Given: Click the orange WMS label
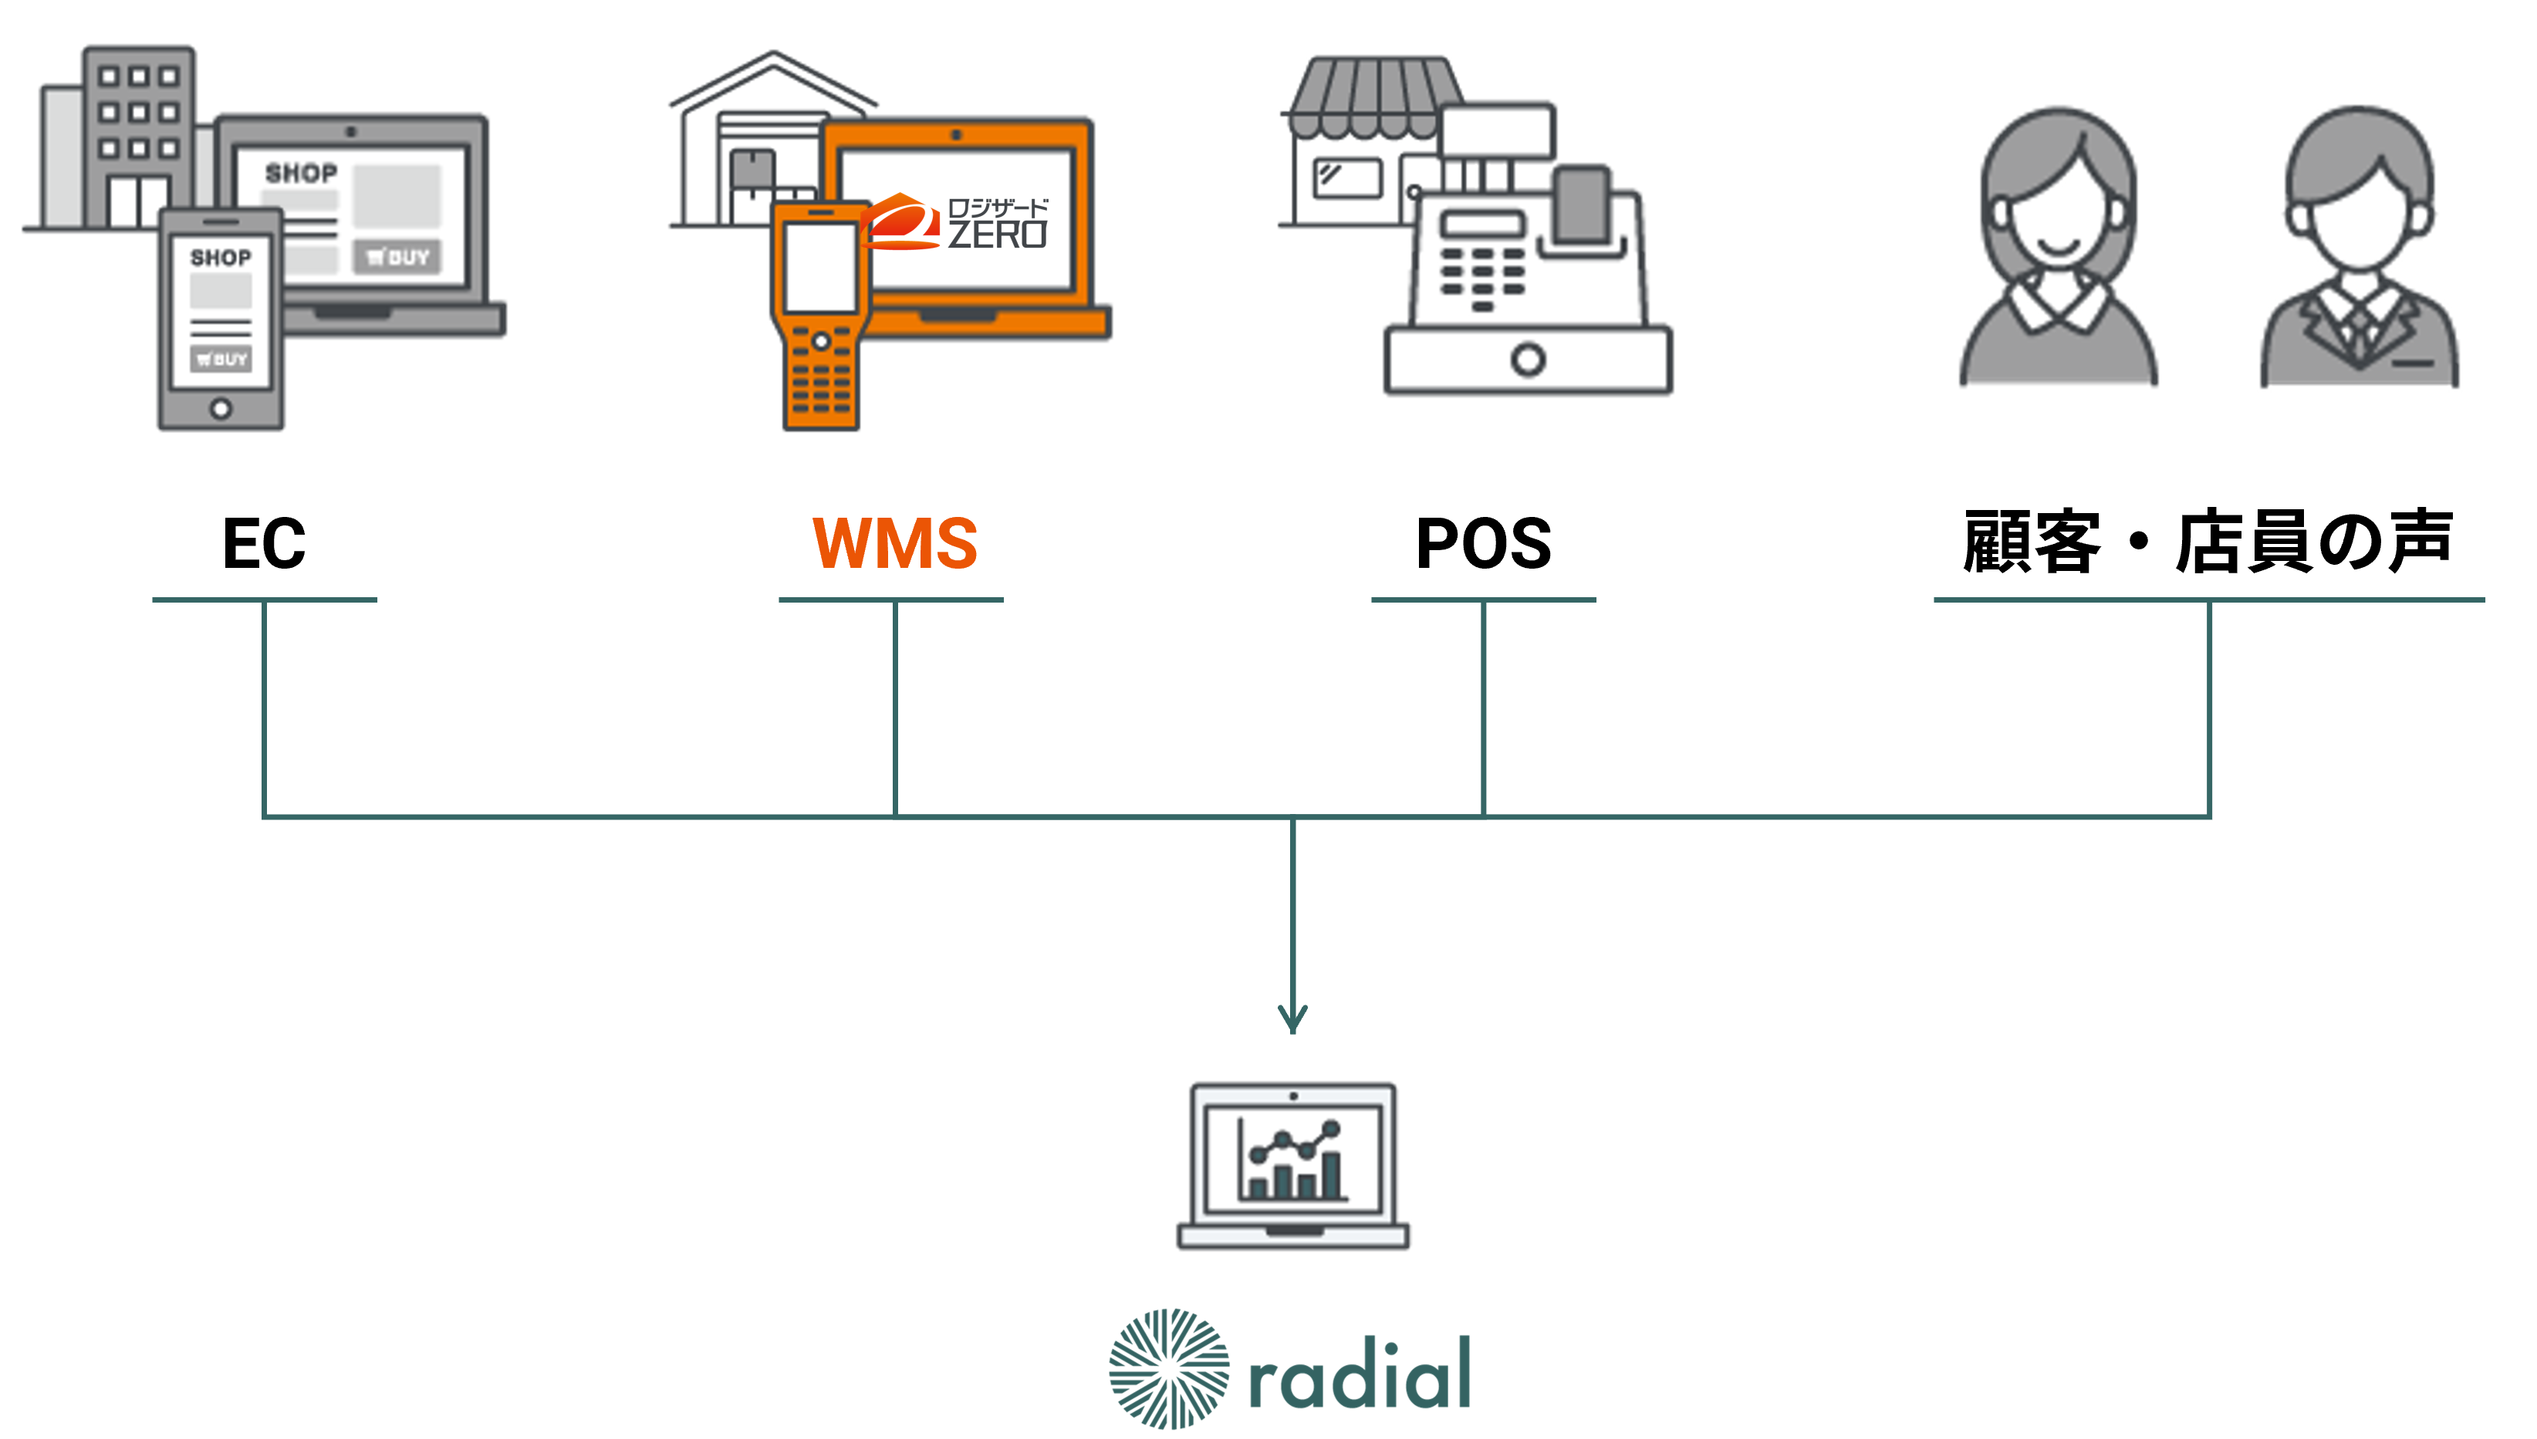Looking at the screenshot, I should point(894,542).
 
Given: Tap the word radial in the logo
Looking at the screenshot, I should point(1360,1373).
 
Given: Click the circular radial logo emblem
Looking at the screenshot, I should point(1169,1369).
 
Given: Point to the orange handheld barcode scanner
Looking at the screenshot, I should point(819,316).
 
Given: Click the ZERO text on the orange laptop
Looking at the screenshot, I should point(997,235).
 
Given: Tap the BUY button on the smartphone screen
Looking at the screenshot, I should point(221,359).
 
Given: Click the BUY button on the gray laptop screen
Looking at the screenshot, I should point(397,258).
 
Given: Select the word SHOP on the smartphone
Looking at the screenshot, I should point(221,258).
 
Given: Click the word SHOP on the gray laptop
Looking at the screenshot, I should point(302,174).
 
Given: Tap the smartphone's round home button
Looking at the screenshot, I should point(221,408).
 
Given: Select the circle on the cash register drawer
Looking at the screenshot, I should point(1528,360).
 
